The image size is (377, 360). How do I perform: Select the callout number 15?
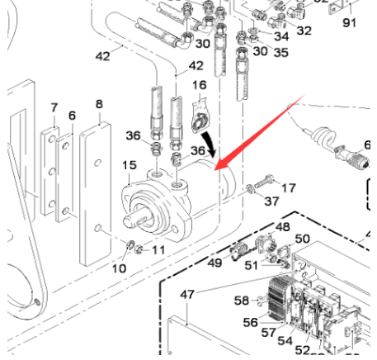129,167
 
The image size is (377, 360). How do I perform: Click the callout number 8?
99,104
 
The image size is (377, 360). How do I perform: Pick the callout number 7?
54,107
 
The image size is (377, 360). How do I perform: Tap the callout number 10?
118,268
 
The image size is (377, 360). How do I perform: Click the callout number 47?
187,294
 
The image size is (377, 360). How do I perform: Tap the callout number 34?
281,36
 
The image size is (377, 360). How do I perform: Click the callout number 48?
282,226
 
